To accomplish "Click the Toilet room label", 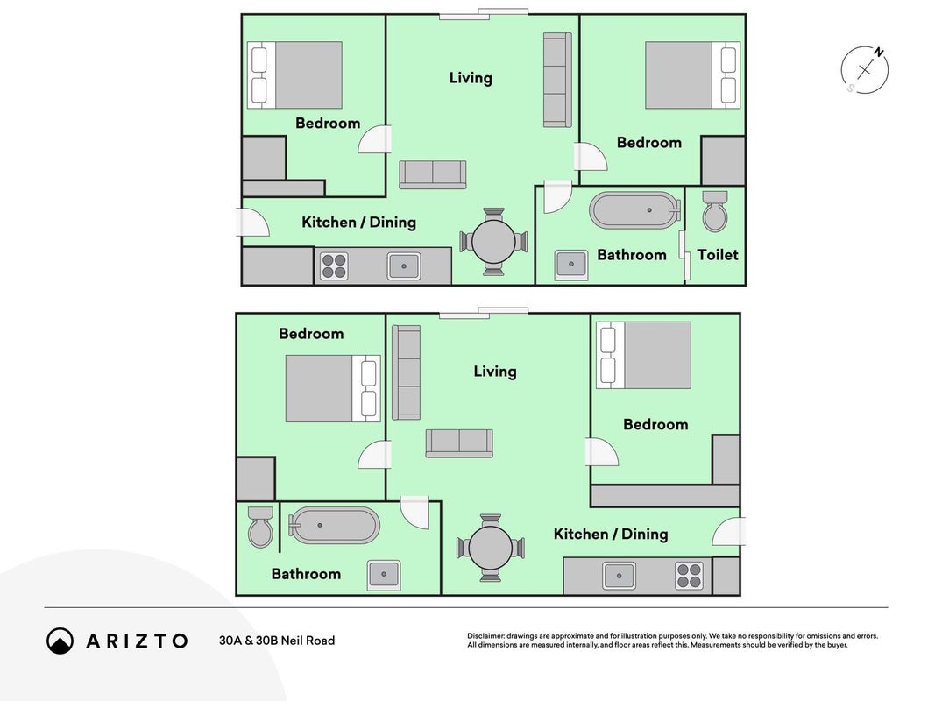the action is (x=718, y=254).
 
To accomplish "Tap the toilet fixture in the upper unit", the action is (x=715, y=211).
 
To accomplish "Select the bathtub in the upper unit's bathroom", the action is (x=635, y=209).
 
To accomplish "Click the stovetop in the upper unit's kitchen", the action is (x=334, y=266).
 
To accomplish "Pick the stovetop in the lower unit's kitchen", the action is (x=690, y=576).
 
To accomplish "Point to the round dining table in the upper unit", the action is (x=493, y=242).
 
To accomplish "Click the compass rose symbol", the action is (x=865, y=70).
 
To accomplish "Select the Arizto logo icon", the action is (x=60, y=641).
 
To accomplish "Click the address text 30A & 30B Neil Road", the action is (x=277, y=641).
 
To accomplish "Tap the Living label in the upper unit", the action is (x=471, y=78).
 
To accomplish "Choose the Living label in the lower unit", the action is (x=495, y=372).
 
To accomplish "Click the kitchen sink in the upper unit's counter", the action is (x=404, y=266).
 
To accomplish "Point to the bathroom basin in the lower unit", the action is (x=384, y=575).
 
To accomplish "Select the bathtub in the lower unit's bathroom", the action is (x=334, y=525).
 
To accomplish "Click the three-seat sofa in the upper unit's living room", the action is (x=557, y=80).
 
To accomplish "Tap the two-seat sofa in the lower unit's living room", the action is (x=459, y=443).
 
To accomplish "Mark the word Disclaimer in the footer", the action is (x=486, y=636).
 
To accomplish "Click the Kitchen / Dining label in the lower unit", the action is (x=611, y=534).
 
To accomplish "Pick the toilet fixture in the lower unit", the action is (x=260, y=527).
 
